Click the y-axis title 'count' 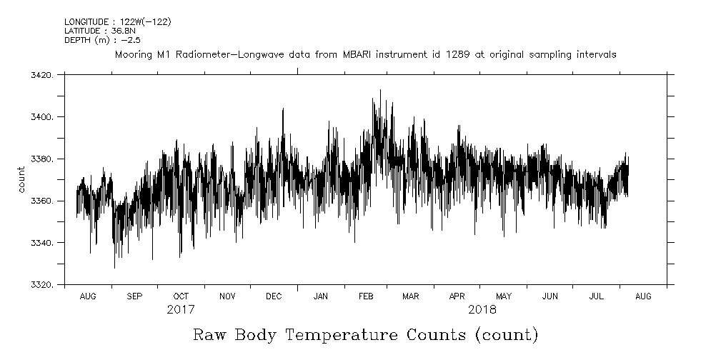click(21, 180)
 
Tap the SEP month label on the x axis click(134, 296)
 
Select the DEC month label click(274, 296)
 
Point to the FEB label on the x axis click(366, 296)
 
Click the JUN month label click(550, 296)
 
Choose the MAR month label click(411, 296)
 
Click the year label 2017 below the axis click(181, 310)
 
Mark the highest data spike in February click(380, 90)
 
